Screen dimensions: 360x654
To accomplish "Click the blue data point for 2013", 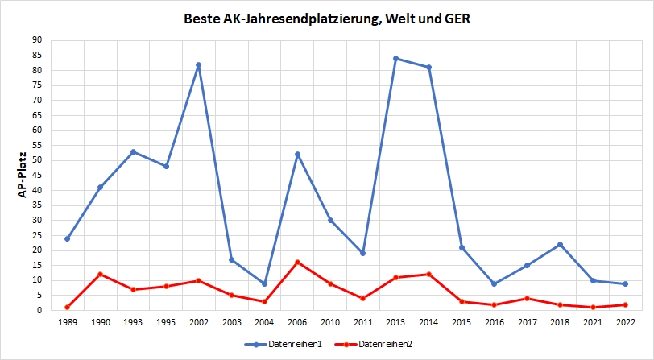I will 396,58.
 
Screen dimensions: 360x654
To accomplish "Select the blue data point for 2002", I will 199,64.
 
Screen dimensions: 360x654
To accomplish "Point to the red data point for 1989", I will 67,307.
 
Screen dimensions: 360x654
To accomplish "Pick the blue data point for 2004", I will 265,283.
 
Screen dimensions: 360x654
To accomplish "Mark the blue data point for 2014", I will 429,67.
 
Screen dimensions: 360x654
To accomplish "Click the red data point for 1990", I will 100,274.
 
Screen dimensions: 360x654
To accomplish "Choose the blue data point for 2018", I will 561,244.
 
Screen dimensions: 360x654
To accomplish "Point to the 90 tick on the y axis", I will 37,40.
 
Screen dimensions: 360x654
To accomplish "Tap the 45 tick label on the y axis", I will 37,176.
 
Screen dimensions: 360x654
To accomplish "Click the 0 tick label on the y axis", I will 40,310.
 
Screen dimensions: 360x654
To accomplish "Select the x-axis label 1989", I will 67,323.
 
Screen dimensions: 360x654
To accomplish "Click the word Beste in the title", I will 204,18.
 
